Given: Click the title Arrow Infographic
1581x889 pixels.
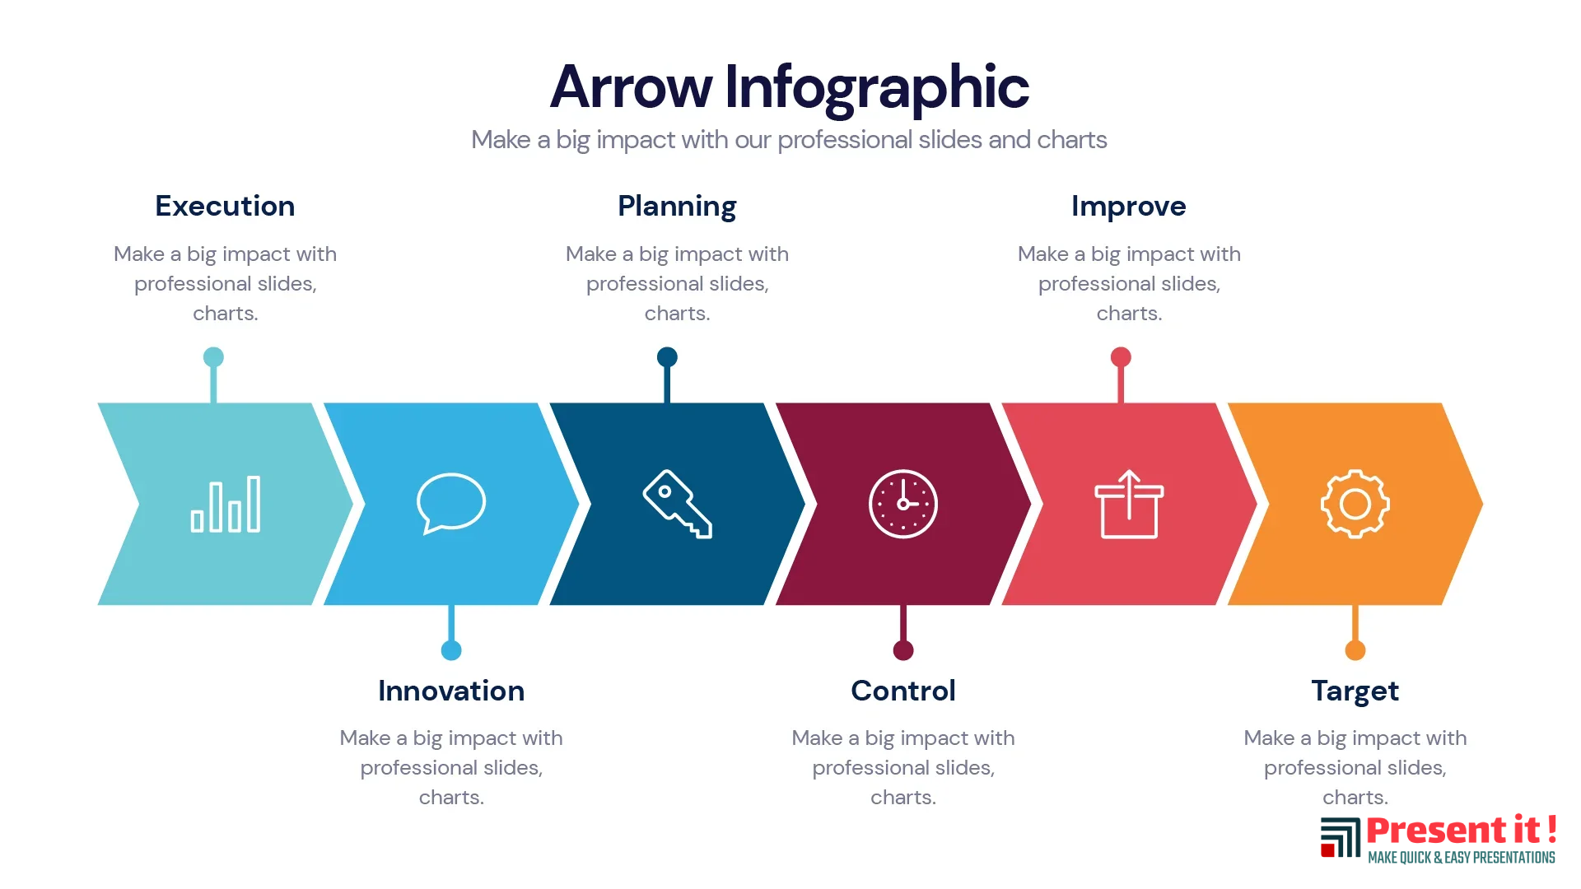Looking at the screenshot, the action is tap(790, 87).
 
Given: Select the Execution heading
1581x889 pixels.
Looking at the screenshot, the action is tap(225, 206).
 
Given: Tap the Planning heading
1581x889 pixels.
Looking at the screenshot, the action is tap(677, 207).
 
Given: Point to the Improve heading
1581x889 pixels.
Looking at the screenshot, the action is tap(1129, 207).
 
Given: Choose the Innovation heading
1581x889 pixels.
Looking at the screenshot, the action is tap(451, 691).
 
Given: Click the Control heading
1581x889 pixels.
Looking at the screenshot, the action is tap(903, 691).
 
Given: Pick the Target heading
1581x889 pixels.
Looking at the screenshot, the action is tap(1355, 691).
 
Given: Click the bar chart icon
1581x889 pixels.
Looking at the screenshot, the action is tap(226, 504).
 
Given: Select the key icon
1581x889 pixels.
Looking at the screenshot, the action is tap(677, 504).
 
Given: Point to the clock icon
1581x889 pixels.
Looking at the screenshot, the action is tap(903, 504).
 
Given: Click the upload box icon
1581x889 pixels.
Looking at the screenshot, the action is tap(1129, 504).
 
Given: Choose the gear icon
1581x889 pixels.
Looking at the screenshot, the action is tap(1355, 504).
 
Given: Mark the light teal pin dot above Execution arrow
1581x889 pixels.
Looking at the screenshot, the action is tap(213, 357).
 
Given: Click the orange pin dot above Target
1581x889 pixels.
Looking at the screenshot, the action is tap(1355, 650).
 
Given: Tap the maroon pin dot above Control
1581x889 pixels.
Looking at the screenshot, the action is tap(903, 650).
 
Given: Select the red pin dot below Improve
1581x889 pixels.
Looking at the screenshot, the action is tap(1121, 357).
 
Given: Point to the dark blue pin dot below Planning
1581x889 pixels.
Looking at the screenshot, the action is tap(667, 357).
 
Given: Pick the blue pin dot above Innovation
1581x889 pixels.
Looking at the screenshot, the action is tap(451, 650).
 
